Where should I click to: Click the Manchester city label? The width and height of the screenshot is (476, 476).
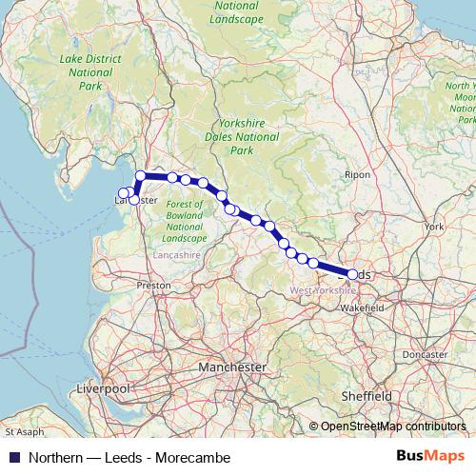tap(232, 367)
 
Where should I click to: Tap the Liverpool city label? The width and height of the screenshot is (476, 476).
tap(101, 389)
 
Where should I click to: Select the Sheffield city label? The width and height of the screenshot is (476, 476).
tap(367, 395)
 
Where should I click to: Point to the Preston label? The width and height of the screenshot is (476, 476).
tap(153, 285)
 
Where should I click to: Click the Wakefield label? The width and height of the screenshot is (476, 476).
tap(363, 308)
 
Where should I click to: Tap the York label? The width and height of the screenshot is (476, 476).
tap(435, 227)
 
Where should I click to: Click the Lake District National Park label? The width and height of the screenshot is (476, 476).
tap(85, 72)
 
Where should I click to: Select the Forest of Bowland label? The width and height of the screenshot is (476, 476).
tap(184, 221)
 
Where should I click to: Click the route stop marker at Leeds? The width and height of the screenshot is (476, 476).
tap(353, 274)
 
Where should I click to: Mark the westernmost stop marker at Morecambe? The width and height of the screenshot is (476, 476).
tap(122, 193)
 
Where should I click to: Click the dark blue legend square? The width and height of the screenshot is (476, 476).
tap(11, 457)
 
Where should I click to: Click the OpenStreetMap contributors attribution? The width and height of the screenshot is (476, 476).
tap(393, 426)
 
